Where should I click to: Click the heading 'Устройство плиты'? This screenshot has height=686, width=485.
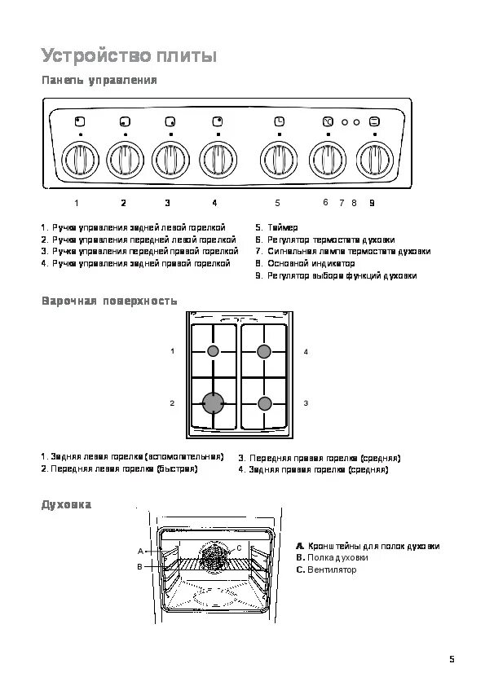[x=129, y=56]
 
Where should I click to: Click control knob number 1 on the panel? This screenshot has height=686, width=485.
[x=80, y=159]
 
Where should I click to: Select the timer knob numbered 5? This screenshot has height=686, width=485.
[x=279, y=159]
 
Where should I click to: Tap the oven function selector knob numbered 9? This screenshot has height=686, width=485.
[x=375, y=159]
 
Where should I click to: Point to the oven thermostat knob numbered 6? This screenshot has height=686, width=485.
[x=328, y=159]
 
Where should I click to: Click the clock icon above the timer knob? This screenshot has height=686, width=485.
[x=280, y=121]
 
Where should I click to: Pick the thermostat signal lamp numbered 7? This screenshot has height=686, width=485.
[x=345, y=122]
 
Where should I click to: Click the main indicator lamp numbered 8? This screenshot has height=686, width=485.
[x=356, y=122]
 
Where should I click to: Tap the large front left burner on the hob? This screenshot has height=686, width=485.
[x=214, y=403]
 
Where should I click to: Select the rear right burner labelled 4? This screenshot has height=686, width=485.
[x=263, y=351]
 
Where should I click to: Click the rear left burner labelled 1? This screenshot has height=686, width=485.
[x=213, y=351]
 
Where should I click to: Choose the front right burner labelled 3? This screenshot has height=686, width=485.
[x=264, y=403]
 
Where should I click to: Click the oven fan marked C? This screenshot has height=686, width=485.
[x=214, y=556]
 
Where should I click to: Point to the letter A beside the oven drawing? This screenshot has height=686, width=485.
[x=140, y=552]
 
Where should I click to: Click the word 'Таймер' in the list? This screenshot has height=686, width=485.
[x=283, y=227]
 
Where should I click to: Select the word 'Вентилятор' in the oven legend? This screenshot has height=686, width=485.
[x=332, y=569]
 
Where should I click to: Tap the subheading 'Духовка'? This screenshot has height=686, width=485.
[x=67, y=504]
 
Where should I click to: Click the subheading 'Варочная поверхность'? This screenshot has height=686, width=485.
[x=109, y=301]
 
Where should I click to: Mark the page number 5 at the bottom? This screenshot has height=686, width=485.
[x=452, y=659]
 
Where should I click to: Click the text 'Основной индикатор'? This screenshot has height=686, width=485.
[x=311, y=263]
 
